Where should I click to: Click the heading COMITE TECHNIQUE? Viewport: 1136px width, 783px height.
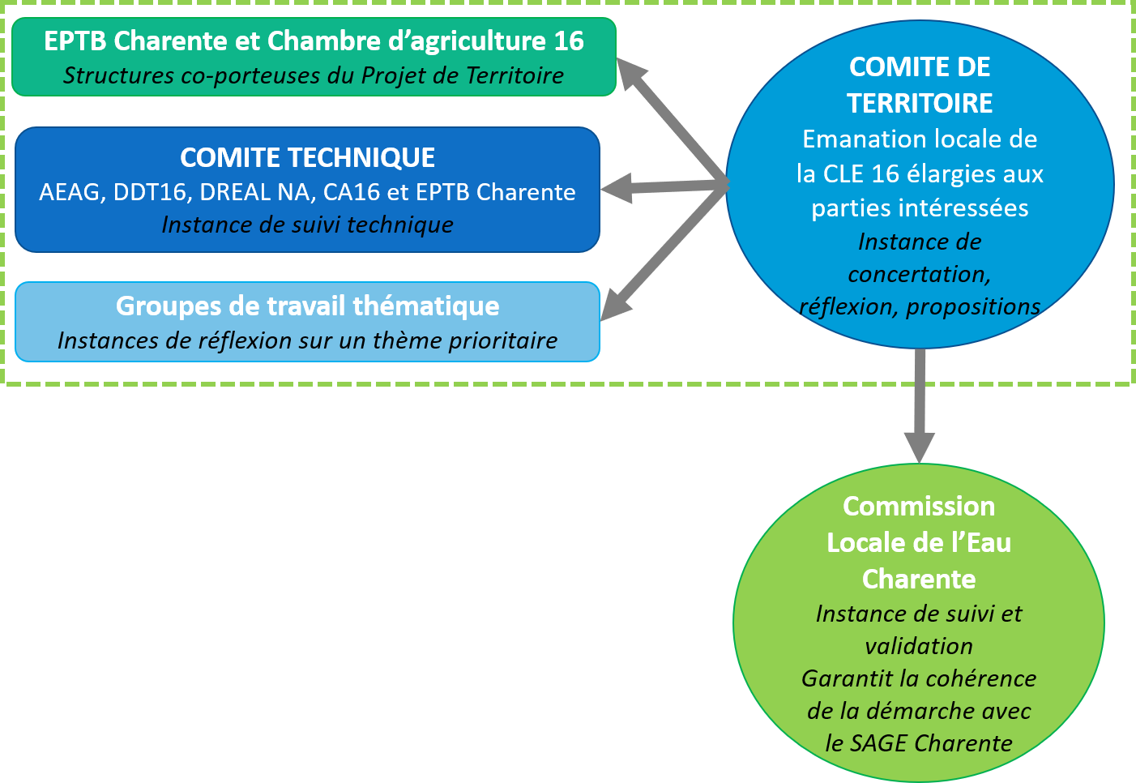point(307,157)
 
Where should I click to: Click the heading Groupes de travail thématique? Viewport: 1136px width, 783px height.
point(307,306)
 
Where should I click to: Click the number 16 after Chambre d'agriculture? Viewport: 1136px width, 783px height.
point(569,41)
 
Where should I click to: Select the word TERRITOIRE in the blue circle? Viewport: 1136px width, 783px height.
point(920,103)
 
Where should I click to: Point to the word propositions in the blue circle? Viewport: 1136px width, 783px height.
point(972,307)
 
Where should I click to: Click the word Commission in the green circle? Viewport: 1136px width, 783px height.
point(918,507)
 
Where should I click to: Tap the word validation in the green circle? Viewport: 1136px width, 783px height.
point(918,647)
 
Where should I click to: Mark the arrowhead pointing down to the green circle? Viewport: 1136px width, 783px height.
point(920,447)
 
